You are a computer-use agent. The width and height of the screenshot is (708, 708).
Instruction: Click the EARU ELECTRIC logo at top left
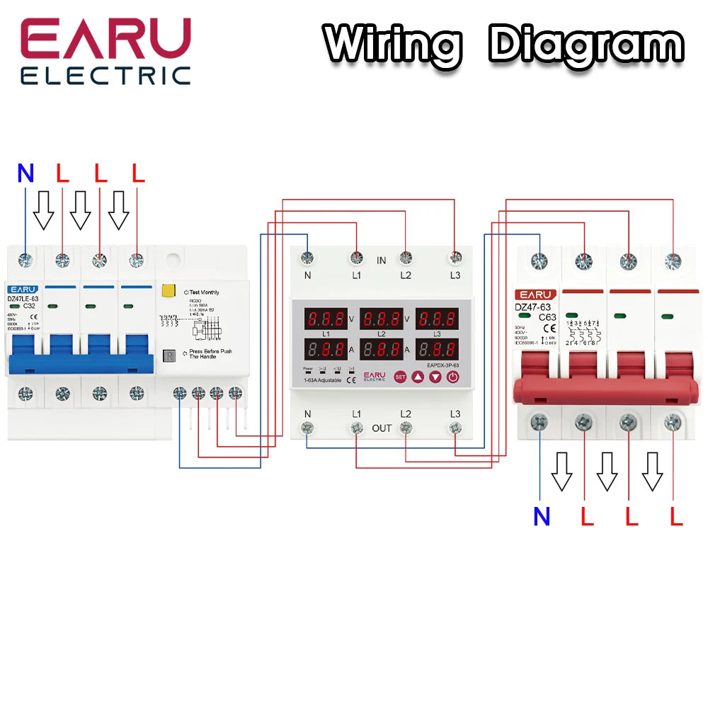click(105, 51)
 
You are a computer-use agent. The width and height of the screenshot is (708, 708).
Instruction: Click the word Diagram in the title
click(586, 44)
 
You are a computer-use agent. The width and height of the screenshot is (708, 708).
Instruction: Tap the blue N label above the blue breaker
click(25, 174)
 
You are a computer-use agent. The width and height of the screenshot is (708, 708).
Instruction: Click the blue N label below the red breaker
click(542, 517)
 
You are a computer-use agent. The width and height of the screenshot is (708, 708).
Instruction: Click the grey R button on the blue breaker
click(169, 355)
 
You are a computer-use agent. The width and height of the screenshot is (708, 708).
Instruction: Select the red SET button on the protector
click(400, 377)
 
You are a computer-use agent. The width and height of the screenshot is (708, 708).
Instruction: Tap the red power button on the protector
click(453, 377)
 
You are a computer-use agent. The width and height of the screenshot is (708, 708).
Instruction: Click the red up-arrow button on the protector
click(418, 377)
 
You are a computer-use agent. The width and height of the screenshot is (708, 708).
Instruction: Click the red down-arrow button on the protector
click(435, 377)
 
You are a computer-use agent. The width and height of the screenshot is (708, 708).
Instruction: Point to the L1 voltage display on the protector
click(326, 318)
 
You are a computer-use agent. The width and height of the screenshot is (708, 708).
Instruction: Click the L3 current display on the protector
click(435, 349)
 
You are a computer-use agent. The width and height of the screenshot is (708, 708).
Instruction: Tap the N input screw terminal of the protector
click(307, 258)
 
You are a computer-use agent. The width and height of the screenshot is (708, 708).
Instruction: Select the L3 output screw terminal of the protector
click(455, 427)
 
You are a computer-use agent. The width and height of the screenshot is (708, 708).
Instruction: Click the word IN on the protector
click(381, 261)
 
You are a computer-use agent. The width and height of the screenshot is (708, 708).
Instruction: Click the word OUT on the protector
click(382, 428)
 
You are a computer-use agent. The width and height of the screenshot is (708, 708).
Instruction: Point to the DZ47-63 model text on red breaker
click(532, 307)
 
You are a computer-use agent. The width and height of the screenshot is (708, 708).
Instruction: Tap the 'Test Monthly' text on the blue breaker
click(204, 292)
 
